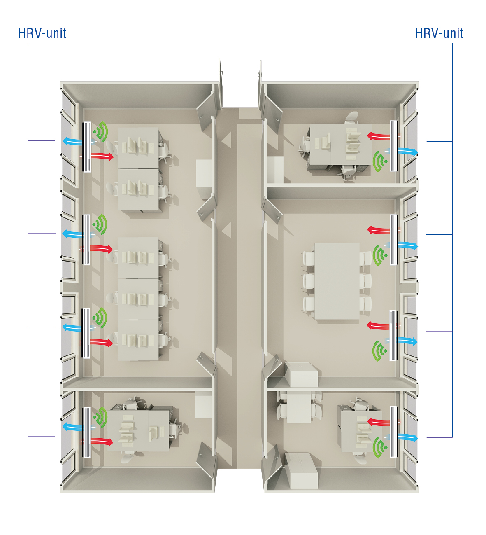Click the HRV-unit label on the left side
(42, 34)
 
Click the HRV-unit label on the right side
(439, 34)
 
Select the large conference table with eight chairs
(337, 281)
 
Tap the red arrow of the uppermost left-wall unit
(102, 156)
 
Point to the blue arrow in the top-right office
(407, 152)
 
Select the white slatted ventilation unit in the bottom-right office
(394, 432)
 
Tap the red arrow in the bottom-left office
(102, 442)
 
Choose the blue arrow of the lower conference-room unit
(407, 341)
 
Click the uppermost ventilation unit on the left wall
(87, 147)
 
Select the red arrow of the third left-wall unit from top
(101, 342)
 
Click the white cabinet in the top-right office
(275, 170)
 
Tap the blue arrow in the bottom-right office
(407, 438)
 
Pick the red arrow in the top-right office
(378, 137)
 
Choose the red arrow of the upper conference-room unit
(378, 230)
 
